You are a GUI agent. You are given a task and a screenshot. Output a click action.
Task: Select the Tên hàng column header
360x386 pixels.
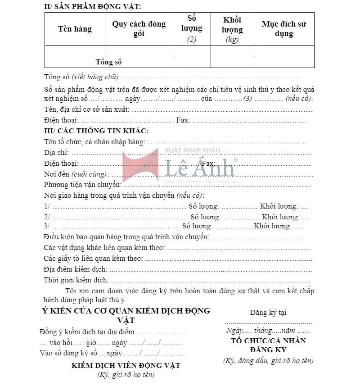click(75, 29)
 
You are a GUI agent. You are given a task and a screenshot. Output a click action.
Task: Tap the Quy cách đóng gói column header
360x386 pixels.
click(139, 29)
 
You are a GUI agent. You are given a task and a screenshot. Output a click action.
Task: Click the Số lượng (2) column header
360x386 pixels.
click(192, 28)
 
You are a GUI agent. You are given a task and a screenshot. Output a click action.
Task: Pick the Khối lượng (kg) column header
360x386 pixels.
click(232, 29)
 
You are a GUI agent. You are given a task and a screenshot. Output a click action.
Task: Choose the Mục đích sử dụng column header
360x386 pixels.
click(284, 29)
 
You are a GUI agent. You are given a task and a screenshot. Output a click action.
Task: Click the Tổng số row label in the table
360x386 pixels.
click(109, 62)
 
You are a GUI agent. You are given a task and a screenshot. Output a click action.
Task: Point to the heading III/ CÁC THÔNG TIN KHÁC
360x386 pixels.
click(96, 131)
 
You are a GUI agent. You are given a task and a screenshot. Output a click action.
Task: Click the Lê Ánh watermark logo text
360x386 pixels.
click(200, 168)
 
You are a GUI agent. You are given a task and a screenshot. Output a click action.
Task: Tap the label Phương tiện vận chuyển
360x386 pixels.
click(83, 185)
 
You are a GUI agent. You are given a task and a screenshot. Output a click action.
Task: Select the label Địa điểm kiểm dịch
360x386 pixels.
click(76, 269)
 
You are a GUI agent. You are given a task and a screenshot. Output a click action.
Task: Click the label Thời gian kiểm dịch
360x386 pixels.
click(76, 280)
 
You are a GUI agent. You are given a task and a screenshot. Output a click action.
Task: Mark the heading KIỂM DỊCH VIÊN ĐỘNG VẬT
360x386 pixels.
click(126, 365)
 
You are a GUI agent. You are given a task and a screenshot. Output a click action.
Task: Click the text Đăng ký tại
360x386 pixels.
click(268, 313)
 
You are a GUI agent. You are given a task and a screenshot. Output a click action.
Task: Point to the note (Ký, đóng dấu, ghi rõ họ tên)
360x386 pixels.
click(268, 360)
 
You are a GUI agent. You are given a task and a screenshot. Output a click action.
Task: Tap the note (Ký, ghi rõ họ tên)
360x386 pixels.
click(126, 375)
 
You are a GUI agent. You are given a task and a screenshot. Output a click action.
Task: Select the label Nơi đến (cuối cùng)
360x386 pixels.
click(76, 174)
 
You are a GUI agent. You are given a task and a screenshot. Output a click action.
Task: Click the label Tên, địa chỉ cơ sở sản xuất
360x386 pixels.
click(87, 109)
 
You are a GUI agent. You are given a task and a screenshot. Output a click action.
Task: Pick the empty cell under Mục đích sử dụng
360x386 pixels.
click(284, 51)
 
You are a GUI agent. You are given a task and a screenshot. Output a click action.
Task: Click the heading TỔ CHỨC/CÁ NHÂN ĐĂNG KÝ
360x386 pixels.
click(268, 345)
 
